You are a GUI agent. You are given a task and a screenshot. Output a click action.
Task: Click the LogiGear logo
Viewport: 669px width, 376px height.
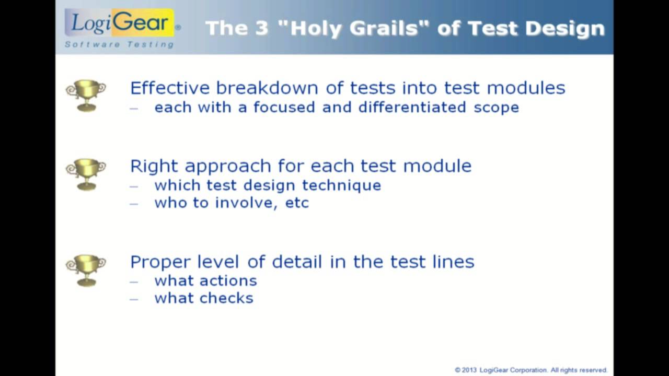tap(120, 22)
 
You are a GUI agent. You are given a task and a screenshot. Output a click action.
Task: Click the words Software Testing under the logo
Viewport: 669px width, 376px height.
tap(119, 44)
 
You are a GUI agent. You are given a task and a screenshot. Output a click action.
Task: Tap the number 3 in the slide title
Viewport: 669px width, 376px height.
tap(261, 28)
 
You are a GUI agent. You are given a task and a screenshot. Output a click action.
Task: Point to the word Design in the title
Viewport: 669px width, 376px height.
tap(565, 29)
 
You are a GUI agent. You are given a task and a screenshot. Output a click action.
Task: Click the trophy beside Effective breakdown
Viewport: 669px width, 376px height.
tap(86, 96)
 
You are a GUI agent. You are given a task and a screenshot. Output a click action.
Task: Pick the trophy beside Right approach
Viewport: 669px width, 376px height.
tap(86, 174)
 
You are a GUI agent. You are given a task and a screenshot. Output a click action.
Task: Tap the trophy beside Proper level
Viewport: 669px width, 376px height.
tap(86, 271)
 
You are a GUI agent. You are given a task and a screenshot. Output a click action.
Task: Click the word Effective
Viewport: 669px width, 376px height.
tap(170, 88)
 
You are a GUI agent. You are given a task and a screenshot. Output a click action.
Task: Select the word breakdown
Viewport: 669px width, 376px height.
tap(267, 88)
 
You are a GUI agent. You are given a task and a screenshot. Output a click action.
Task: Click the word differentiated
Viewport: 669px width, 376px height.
tap(412, 107)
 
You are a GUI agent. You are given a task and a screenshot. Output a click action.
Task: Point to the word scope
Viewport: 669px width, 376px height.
tap(497, 108)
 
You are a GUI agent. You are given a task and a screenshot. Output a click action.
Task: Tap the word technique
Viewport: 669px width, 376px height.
tap(342, 186)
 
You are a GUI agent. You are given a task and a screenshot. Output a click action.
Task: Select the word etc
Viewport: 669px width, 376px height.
tap(297, 203)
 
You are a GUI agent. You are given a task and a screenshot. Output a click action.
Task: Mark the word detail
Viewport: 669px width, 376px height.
tap(297, 262)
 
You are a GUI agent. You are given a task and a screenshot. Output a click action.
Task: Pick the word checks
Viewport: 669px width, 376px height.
tap(226, 298)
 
